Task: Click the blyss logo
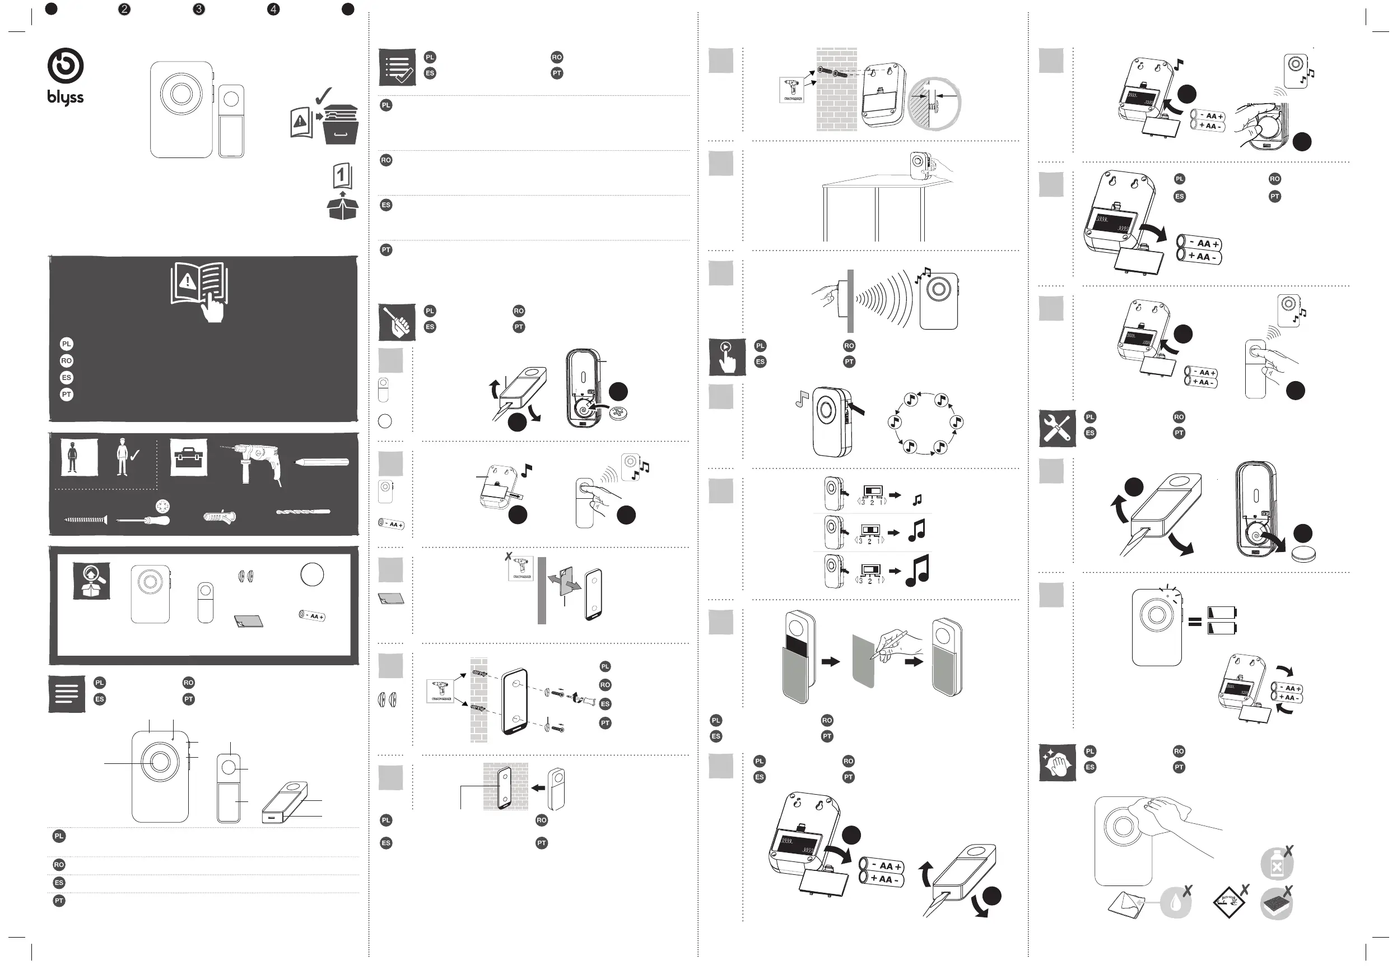click(x=66, y=76)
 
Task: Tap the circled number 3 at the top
click(x=198, y=9)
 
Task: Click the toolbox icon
click(x=188, y=457)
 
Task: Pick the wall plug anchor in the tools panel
click(x=220, y=517)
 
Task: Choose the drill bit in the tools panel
click(x=303, y=512)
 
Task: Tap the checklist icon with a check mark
click(x=397, y=67)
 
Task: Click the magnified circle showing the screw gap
click(x=934, y=103)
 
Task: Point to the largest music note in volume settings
click(x=917, y=571)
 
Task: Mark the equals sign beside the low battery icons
click(x=1194, y=621)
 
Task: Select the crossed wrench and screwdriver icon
click(x=1057, y=428)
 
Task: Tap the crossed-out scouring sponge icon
click(x=1277, y=903)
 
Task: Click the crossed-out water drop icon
click(x=1176, y=903)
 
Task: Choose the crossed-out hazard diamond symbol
click(x=1229, y=902)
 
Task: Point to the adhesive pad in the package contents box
click(x=249, y=621)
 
